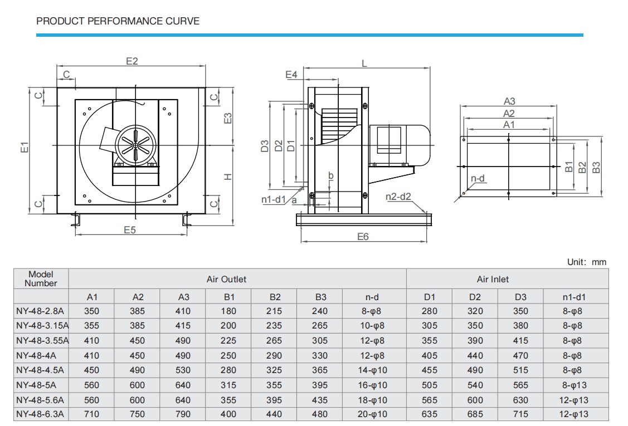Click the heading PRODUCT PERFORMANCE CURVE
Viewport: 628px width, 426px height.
coord(118,21)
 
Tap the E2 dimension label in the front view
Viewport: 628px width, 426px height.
coord(132,61)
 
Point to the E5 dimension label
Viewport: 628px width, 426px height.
coord(130,230)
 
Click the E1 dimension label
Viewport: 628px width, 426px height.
coord(25,148)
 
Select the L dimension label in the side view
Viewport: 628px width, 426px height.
coord(364,63)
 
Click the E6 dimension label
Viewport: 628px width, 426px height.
coord(363,237)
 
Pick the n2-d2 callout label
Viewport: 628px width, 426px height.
coord(398,197)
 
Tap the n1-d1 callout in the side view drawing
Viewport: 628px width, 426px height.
coord(274,199)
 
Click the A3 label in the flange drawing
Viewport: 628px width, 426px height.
coord(509,101)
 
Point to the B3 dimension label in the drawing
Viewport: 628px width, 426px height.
coord(596,168)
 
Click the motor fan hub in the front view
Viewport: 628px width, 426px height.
coord(136,145)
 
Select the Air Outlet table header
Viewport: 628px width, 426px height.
coord(226,279)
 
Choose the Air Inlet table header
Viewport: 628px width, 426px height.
coord(493,279)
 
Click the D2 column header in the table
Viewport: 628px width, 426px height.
coord(475,297)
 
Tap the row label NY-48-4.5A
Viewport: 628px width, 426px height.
coord(40,370)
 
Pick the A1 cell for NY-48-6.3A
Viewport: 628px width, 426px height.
coord(92,414)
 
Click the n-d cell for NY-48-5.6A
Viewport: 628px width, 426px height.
coord(372,400)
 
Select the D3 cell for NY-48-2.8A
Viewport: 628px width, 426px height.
coord(520,311)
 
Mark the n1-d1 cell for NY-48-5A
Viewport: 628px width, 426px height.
coord(575,385)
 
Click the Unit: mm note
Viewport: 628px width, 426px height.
coord(587,262)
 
